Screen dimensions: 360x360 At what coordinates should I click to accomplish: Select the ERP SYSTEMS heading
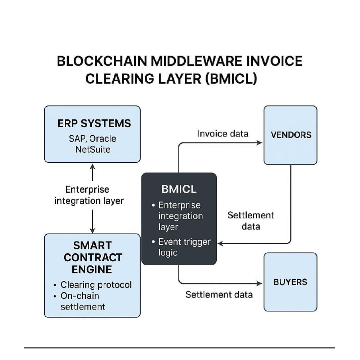point(94,123)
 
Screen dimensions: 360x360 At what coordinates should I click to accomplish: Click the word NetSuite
point(93,149)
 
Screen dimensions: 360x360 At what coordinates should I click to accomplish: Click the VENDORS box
point(291,135)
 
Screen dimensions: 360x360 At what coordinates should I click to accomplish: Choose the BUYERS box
point(291,282)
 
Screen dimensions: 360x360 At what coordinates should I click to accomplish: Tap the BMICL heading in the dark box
point(179,189)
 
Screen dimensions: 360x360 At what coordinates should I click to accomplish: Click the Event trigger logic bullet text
point(184,247)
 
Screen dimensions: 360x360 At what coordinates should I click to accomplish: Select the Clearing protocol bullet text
point(96,285)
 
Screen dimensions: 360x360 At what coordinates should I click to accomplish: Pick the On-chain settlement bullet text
point(83,301)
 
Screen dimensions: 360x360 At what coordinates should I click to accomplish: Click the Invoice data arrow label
point(222,134)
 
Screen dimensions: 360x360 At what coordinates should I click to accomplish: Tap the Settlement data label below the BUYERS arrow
point(219,294)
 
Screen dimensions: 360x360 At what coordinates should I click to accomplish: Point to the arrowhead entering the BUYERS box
point(260,283)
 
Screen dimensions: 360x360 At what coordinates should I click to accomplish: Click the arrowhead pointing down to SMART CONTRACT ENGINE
point(93,230)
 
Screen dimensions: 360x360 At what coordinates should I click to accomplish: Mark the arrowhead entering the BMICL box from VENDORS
point(220,244)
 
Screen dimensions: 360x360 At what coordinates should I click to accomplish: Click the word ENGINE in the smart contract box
point(92,269)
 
